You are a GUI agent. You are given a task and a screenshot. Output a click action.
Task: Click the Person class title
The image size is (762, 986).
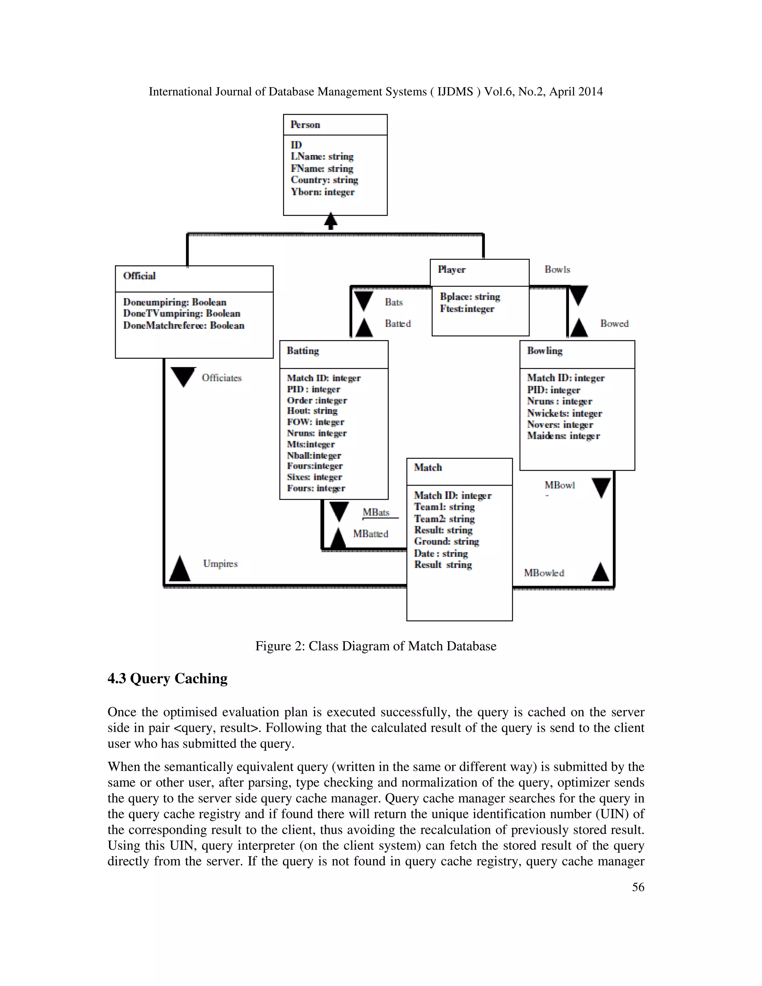[x=305, y=125]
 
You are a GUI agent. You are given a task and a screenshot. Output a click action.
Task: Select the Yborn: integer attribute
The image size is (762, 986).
[x=323, y=192]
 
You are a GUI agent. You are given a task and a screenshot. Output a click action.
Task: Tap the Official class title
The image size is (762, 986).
[x=139, y=276]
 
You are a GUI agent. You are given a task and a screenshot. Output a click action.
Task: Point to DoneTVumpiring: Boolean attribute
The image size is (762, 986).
[x=182, y=313]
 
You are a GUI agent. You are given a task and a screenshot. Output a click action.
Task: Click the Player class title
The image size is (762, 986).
[x=451, y=269]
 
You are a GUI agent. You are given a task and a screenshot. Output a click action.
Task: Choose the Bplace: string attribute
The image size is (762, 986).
[x=470, y=297]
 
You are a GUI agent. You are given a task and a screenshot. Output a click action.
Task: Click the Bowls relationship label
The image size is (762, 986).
[x=557, y=269]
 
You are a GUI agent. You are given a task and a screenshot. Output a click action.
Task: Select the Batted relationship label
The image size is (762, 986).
[x=398, y=324]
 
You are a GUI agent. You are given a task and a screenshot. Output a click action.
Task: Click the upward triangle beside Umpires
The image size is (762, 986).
[x=179, y=569]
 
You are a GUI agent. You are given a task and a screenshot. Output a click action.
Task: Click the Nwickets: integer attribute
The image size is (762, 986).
[x=564, y=413]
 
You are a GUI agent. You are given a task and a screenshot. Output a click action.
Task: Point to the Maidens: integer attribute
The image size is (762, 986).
[x=563, y=436]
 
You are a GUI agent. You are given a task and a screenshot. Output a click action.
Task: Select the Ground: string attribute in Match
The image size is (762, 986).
[x=446, y=541]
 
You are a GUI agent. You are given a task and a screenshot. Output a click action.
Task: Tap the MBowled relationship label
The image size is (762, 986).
[x=544, y=573]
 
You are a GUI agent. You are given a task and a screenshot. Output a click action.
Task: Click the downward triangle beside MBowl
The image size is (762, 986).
[x=601, y=487]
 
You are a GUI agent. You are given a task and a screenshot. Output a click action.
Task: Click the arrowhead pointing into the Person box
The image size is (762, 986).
[x=331, y=220]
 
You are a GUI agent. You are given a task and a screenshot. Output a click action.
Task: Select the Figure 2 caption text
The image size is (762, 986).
[x=375, y=646]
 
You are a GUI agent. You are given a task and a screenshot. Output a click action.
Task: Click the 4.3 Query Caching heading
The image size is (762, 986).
[x=167, y=679]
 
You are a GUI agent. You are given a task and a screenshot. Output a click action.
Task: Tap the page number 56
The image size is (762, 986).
[x=638, y=887]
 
